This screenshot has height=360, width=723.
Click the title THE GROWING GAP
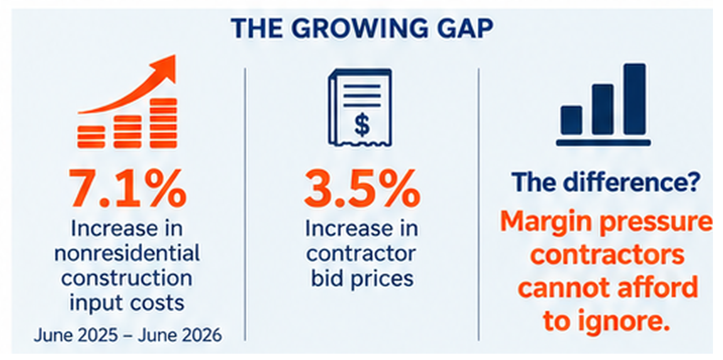[362, 29]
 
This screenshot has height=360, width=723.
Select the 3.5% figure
[362, 189]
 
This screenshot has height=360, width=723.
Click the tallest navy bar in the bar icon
[635, 99]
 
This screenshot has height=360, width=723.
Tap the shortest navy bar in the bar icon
[571, 120]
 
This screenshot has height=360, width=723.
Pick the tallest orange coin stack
[164, 123]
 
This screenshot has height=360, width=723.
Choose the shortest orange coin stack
[91, 137]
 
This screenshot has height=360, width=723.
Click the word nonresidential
[127, 253]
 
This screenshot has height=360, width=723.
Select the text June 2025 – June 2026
[127, 335]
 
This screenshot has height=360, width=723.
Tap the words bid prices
[362, 279]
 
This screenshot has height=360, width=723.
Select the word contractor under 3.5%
[362, 253]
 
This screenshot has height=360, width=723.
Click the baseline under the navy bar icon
[603, 142]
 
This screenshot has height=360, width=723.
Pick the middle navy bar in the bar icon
[602, 109]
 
